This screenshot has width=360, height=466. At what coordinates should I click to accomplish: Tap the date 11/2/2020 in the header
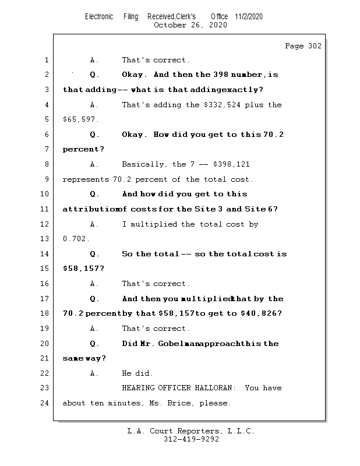(x=249, y=16)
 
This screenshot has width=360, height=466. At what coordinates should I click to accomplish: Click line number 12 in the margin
(x=46, y=224)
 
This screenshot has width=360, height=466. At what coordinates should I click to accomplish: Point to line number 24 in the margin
(x=46, y=403)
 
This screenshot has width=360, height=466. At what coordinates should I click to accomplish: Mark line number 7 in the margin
(x=47, y=150)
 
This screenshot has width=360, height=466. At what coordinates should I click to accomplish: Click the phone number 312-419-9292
(x=191, y=440)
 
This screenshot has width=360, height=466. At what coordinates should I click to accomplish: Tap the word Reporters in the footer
(x=196, y=431)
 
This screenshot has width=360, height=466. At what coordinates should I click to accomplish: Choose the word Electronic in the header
(x=99, y=16)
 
